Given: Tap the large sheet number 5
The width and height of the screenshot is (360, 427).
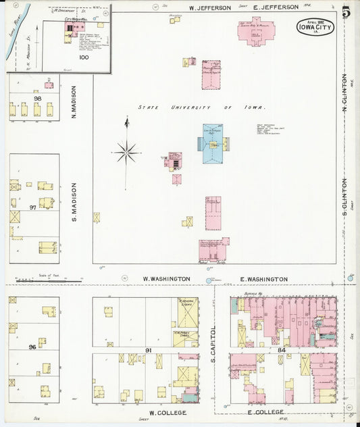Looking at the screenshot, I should click(x=346, y=11).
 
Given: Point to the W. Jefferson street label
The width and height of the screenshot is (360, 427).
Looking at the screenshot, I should click(x=209, y=7).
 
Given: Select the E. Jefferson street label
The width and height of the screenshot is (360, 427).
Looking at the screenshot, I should click(x=276, y=7).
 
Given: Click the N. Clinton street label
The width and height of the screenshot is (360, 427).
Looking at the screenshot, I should click(x=344, y=92).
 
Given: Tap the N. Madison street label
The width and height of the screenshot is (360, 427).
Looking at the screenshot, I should click(x=74, y=102).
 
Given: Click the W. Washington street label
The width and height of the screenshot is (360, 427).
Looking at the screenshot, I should click(x=166, y=278).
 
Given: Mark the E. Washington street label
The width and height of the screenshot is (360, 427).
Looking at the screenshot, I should click(x=263, y=278).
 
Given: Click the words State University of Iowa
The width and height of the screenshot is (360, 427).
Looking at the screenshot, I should click(x=201, y=107).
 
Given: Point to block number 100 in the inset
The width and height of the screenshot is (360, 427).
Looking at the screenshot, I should click(x=84, y=57).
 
